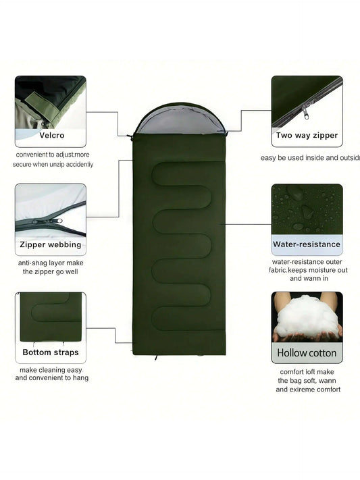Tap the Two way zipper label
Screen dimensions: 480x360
(x=307, y=135)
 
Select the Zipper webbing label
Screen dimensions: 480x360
(x=51, y=244)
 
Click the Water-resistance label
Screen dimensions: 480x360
(x=307, y=244)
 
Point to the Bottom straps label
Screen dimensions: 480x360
(x=51, y=352)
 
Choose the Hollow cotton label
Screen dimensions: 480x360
(x=307, y=352)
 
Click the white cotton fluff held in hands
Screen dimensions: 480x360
(x=307, y=317)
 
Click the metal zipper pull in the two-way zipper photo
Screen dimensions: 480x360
(x=307, y=108)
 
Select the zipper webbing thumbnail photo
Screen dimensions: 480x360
(x=51, y=209)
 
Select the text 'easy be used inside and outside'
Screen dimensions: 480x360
(x=311, y=158)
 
